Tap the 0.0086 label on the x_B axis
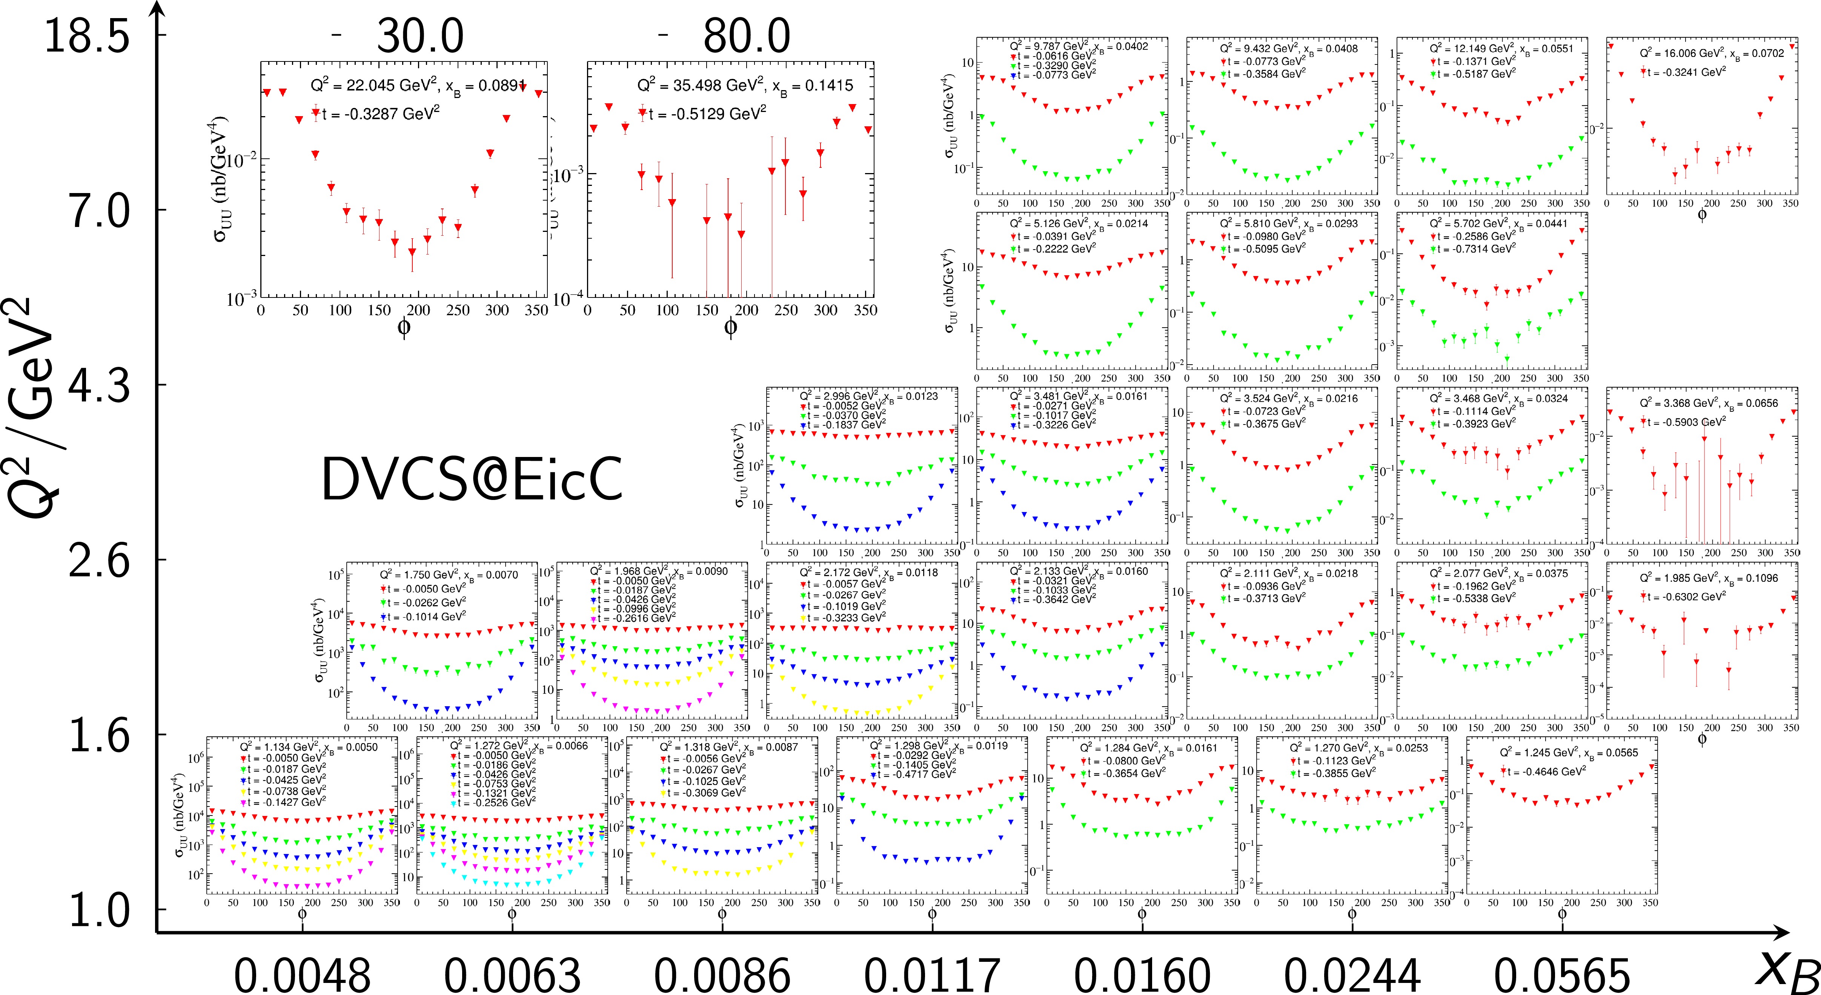(x=722, y=976)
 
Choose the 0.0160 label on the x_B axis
(x=1142, y=976)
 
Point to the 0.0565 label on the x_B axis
(x=1562, y=976)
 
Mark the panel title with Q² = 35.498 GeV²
(x=745, y=86)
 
